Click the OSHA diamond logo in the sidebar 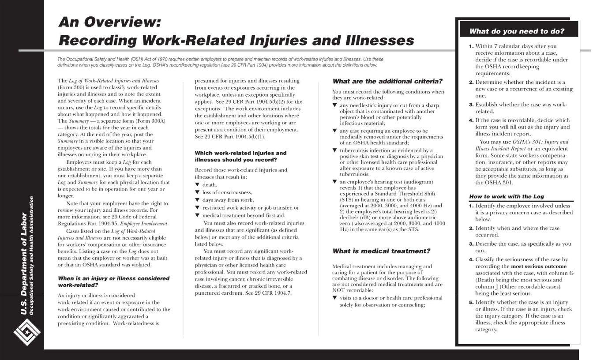(x=27, y=331)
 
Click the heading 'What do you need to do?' (x=517, y=31)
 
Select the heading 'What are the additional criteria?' (x=387, y=81)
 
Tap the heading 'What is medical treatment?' (x=381, y=251)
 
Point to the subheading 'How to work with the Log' (x=506, y=196)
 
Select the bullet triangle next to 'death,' (x=197, y=185)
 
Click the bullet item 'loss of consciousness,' (x=227, y=192)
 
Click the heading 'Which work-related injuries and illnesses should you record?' (x=240, y=156)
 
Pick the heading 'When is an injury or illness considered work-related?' (x=113, y=281)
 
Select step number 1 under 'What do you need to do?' (x=471, y=46)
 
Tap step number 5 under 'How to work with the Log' (x=471, y=302)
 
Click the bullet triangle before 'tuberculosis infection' (x=334, y=150)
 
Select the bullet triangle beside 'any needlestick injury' (x=334, y=105)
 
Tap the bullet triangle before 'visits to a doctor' (x=334, y=298)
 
